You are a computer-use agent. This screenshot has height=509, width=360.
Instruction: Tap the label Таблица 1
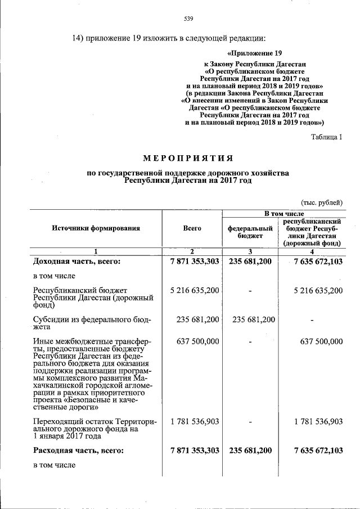click(326, 137)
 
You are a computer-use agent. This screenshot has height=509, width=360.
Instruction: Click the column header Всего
click(192, 228)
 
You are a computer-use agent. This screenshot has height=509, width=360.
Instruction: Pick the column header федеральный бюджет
click(250, 231)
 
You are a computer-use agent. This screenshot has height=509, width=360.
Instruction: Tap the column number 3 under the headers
click(250, 251)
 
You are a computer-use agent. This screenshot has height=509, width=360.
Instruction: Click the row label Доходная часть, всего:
click(77, 262)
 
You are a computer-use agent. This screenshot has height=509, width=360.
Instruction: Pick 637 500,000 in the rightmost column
click(321, 341)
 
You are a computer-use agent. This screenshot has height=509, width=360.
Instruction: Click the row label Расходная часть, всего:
click(78, 451)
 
